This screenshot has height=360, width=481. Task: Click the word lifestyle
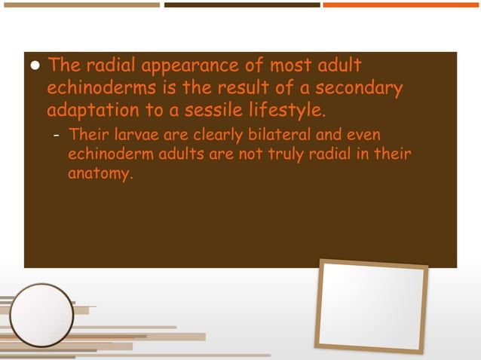(286, 111)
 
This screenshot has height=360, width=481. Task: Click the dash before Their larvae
(57, 136)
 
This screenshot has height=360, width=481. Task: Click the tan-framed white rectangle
(372, 304)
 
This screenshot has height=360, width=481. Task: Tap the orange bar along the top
(401, 5)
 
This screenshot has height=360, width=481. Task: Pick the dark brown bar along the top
(242, 5)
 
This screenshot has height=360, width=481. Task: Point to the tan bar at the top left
(80, 5)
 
